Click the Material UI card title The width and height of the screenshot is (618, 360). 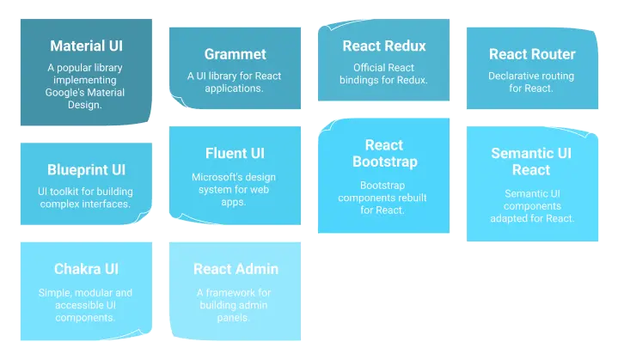click(87, 46)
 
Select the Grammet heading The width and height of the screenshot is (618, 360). click(235, 54)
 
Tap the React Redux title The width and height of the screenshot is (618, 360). click(383, 46)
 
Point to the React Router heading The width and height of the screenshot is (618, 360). click(532, 54)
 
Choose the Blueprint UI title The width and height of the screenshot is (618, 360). click(86, 170)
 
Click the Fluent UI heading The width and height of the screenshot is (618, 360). click(235, 154)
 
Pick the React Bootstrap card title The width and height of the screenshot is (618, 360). click(384, 154)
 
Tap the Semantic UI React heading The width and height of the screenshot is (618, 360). click(531, 162)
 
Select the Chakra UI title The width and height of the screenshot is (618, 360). click(86, 270)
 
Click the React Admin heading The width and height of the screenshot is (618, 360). click(236, 270)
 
